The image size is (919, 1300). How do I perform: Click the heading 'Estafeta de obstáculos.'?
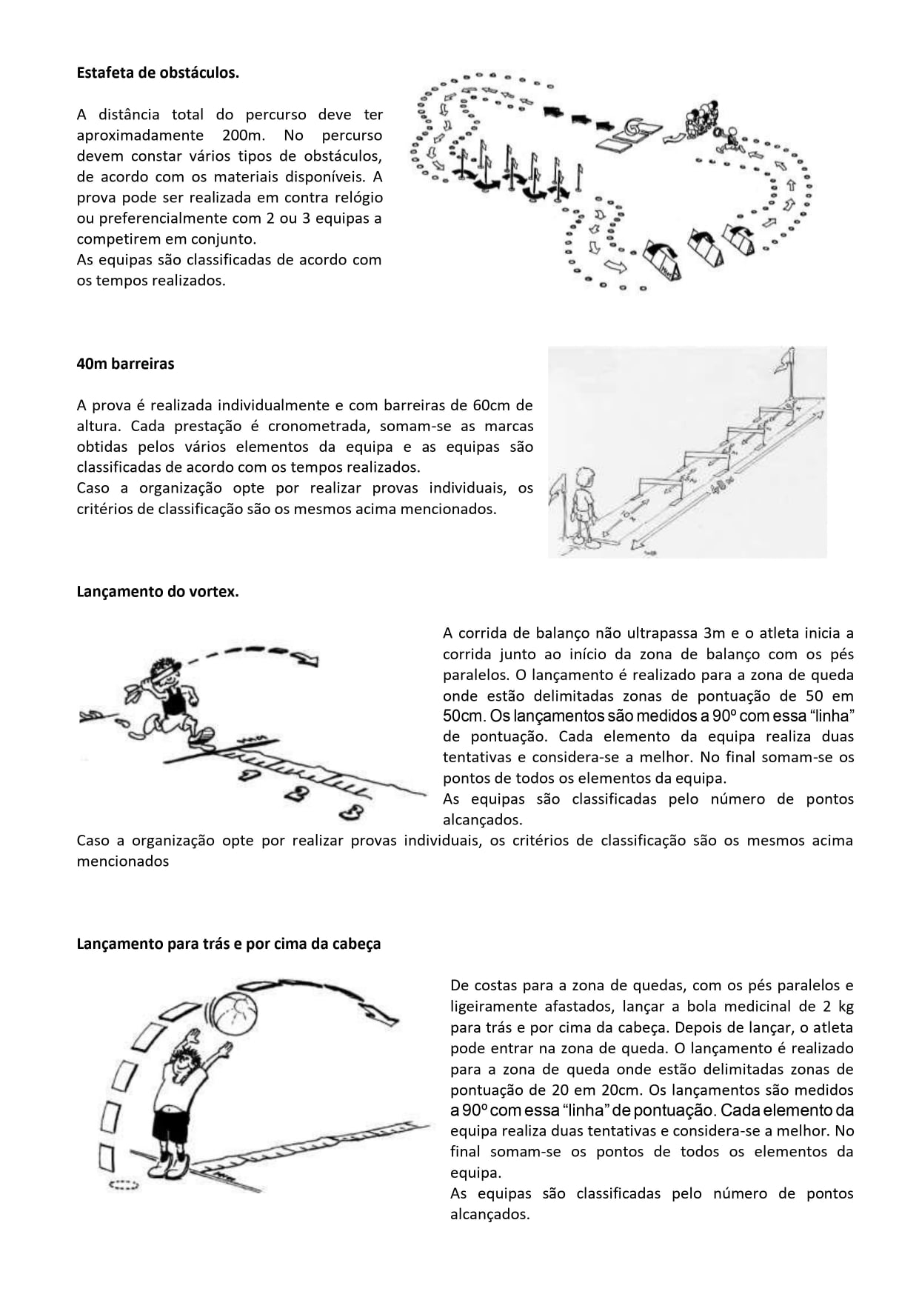[x=158, y=73]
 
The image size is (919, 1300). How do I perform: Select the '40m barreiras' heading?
[x=125, y=364]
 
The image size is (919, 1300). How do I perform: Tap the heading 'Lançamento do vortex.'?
[x=158, y=592]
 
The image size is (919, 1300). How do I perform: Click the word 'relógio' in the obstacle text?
[x=355, y=198]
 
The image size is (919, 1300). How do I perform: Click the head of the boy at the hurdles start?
[x=585, y=477]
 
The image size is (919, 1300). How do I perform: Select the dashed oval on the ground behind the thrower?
[x=124, y=1184]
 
